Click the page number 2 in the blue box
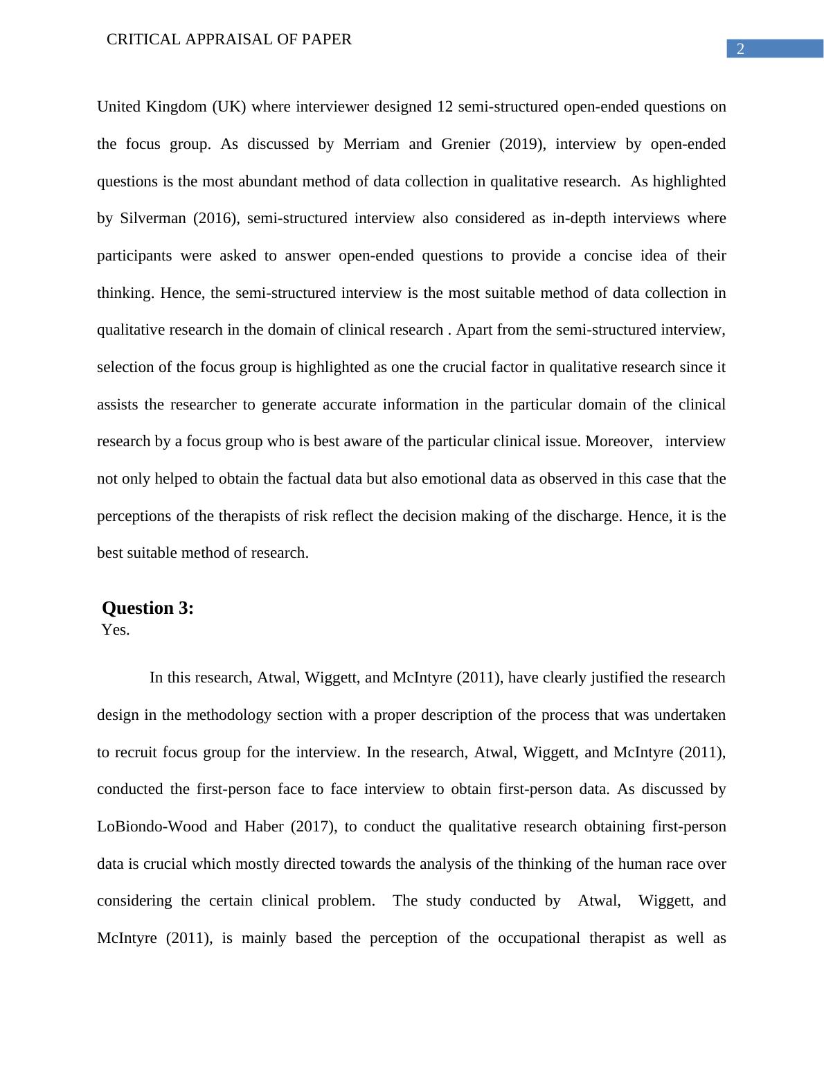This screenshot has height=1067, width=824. [x=740, y=49]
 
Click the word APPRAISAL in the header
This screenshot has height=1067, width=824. [x=229, y=39]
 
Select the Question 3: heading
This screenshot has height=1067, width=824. [x=147, y=608]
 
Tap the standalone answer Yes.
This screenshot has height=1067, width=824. [x=116, y=630]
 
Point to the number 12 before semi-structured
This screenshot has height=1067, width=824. [x=445, y=107]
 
